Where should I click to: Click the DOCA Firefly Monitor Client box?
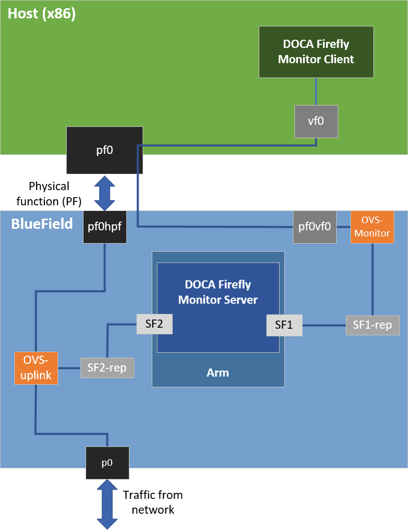coord(316,52)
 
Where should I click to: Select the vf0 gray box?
coord(316,121)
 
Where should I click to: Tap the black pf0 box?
coord(104,150)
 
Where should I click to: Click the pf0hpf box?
coord(105,227)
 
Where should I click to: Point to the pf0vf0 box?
coord(315,227)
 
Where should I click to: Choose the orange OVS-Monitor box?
coord(372,227)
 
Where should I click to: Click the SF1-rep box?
coord(372,325)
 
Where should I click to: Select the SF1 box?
coord(284,325)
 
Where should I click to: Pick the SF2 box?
coord(154,324)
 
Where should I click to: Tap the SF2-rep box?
coord(107,368)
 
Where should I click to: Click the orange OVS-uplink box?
coord(36,368)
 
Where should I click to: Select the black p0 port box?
coord(107,463)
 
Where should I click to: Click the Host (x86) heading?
coord(42,14)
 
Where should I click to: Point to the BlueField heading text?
coord(42,224)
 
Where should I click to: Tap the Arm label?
coord(218,373)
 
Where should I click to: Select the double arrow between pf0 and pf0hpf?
coord(105,193)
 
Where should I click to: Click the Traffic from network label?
coord(153,502)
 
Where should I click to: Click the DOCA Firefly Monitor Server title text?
coord(218,292)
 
